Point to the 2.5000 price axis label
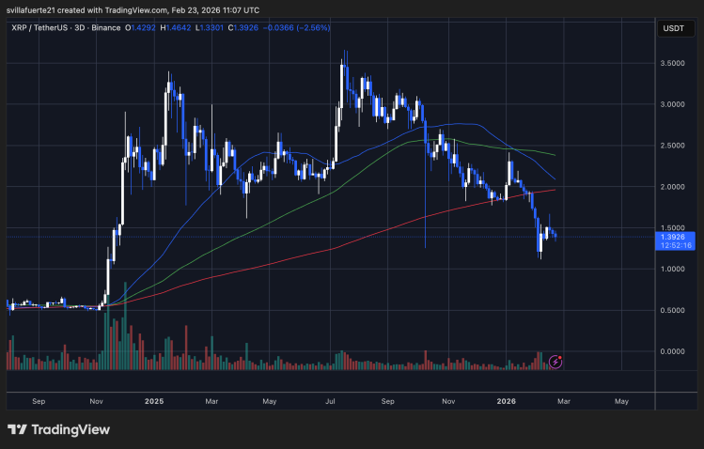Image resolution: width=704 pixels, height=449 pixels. tap(673, 146)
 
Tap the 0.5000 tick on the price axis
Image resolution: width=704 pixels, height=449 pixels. tap(673, 310)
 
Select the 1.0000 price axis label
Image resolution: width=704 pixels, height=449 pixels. tap(673, 269)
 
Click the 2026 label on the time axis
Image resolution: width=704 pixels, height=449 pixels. tap(508, 400)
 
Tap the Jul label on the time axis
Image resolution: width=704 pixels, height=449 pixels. tap(331, 400)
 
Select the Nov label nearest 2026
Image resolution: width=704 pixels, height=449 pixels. tap(448, 400)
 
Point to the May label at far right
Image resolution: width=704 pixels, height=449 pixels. tap(621, 400)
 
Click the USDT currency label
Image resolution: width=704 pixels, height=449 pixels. tap(673, 28)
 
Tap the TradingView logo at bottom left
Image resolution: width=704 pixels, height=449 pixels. tap(58, 429)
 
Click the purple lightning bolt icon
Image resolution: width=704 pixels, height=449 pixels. tap(555, 361)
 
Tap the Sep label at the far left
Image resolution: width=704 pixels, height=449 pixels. tap(39, 400)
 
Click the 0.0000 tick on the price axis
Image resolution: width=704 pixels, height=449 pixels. tap(673, 351)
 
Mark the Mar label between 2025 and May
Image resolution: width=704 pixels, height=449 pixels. tap(211, 400)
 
